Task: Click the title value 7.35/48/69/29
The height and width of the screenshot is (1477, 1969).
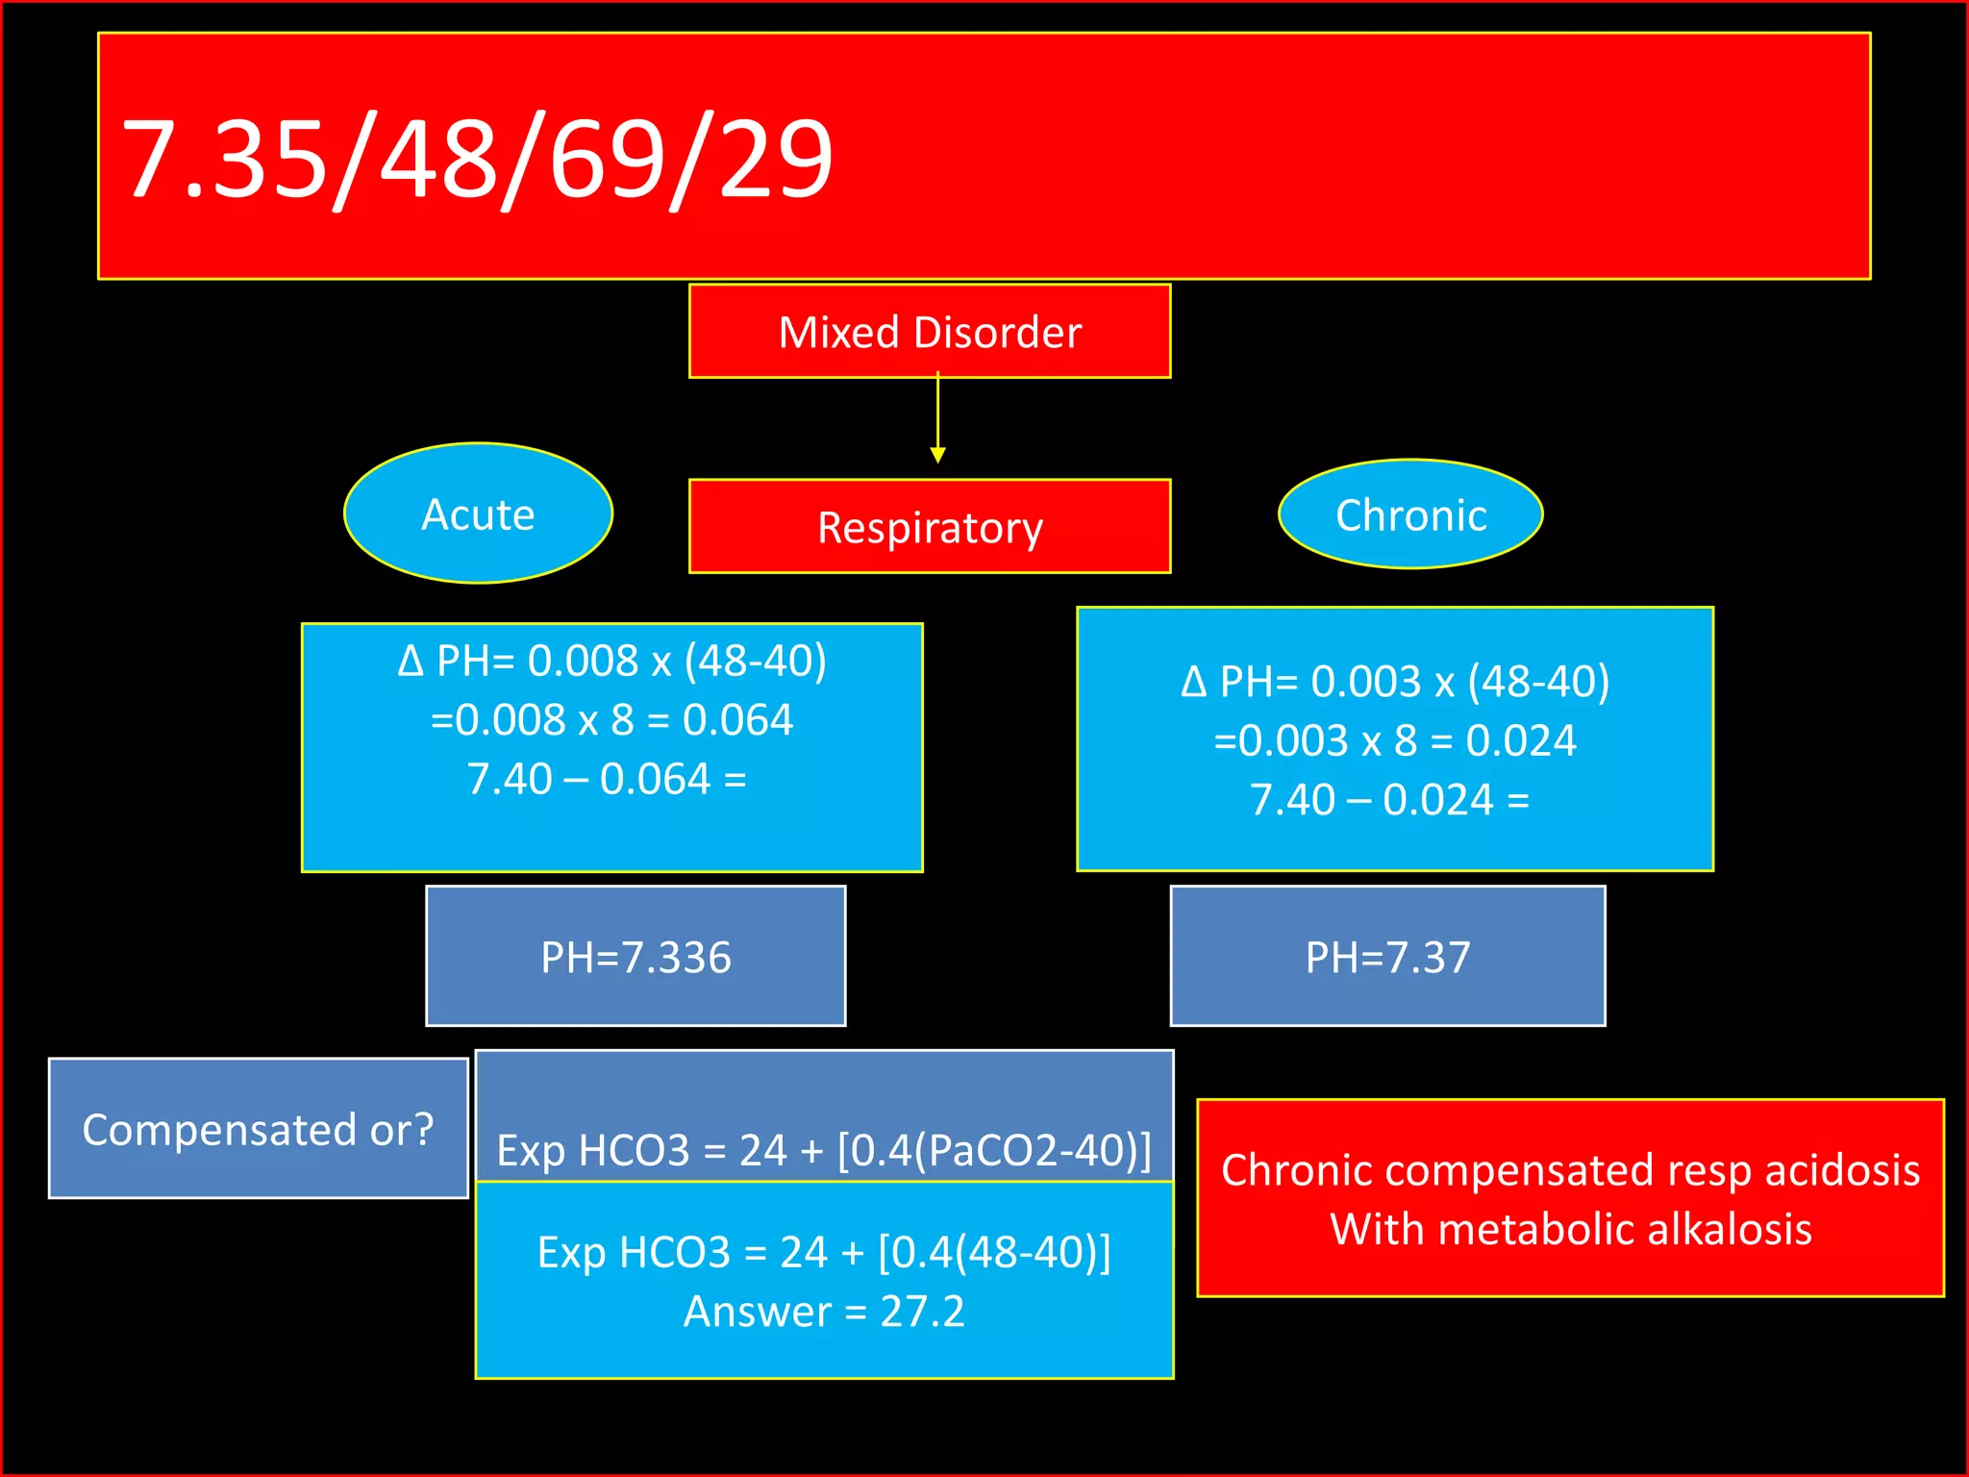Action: click(478, 158)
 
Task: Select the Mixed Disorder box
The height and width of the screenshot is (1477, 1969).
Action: click(929, 332)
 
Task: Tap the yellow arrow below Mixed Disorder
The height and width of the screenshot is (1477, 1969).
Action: click(937, 423)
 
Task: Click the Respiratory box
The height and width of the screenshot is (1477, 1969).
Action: click(929, 527)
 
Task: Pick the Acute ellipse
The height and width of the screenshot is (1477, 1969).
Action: click(478, 513)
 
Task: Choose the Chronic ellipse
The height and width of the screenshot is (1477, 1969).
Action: click(1410, 514)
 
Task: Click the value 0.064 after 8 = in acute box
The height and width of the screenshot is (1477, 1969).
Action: click(737, 720)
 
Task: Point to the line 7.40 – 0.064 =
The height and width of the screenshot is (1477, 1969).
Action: click(607, 779)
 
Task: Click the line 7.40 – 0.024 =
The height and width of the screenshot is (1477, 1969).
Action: click(1389, 800)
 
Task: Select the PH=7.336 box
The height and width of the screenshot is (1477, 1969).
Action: click(636, 957)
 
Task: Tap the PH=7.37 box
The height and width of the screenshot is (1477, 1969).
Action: click(1387, 957)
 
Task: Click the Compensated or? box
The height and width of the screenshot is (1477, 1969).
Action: click(258, 1129)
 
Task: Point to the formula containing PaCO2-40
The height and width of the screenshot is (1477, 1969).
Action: click(824, 1149)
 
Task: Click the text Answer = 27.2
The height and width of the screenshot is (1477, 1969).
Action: click(824, 1312)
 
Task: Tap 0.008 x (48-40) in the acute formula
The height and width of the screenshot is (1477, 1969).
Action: click(677, 661)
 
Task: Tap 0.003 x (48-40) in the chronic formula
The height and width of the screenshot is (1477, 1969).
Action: click(1460, 682)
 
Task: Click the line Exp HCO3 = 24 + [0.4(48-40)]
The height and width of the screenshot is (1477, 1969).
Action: click(824, 1252)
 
